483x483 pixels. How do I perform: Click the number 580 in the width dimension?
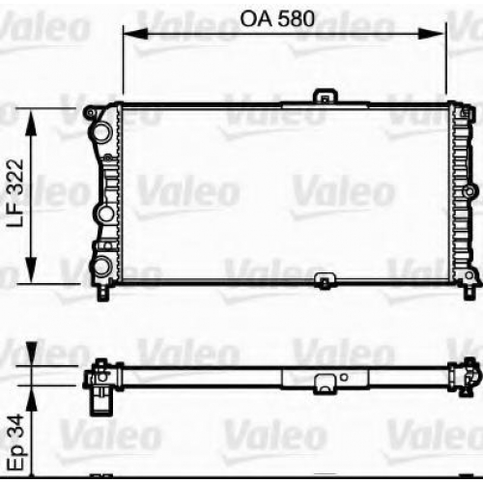(296, 19)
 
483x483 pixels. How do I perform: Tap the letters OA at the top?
(256, 19)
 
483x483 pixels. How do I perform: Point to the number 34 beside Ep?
(16, 426)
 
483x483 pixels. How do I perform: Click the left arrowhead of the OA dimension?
(135, 34)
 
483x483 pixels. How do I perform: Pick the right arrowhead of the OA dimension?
(433, 34)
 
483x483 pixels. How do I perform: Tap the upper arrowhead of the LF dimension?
(31, 124)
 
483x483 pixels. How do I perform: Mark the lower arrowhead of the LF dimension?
(31, 270)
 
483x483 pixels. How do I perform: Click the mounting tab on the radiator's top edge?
(326, 97)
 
